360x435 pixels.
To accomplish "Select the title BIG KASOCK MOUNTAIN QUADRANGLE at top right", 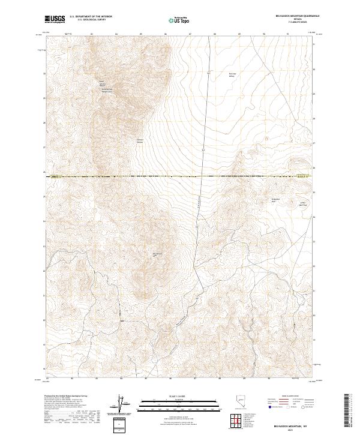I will [x=293, y=16].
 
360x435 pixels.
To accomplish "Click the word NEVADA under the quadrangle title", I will [x=293, y=19].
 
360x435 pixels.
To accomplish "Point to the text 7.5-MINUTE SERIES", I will [x=293, y=22].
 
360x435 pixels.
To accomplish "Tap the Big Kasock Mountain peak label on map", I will [x=158, y=254].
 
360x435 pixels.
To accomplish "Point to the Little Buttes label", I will [x=304, y=203].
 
